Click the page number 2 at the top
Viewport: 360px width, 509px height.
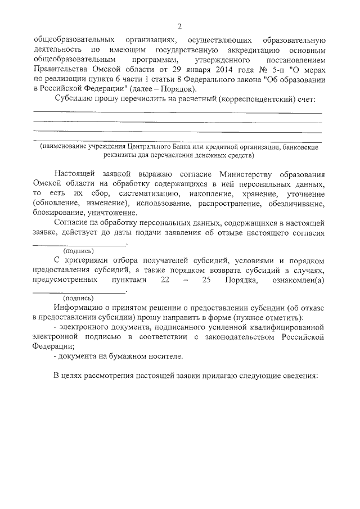179,26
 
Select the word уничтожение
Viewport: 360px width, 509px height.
111,213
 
